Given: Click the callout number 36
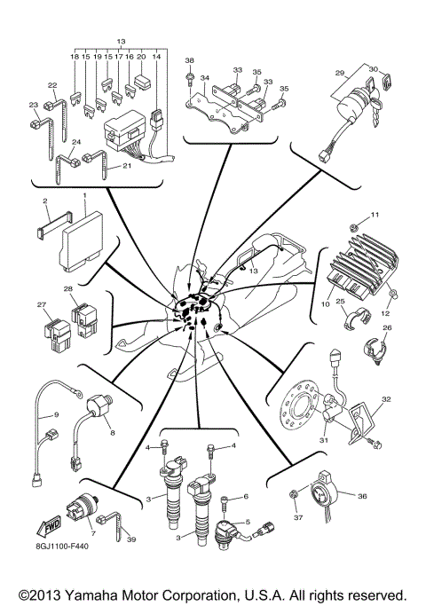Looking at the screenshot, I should tap(361, 497).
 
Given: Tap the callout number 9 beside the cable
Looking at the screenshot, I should tap(55, 414).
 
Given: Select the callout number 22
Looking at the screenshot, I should tap(52, 85).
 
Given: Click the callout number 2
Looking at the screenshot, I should tap(46, 201).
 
